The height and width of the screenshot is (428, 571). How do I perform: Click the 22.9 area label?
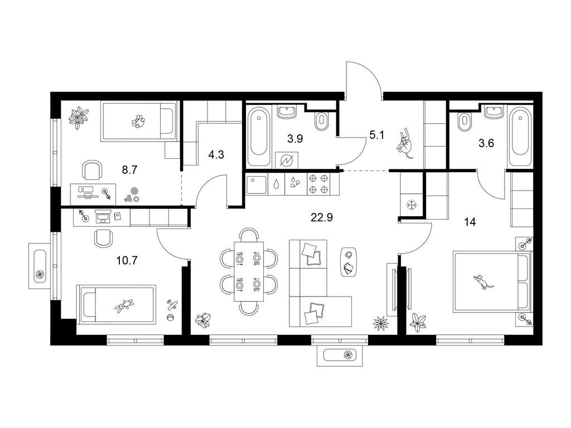(322, 218)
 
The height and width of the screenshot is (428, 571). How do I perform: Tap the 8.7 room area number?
(129, 169)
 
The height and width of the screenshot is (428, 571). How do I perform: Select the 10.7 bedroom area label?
(127, 261)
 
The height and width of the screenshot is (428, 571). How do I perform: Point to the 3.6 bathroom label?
(486, 143)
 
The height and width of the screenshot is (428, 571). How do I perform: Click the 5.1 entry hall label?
(376, 135)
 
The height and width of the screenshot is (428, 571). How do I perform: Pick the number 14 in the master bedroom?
(470, 222)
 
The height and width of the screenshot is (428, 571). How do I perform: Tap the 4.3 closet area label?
(216, 155)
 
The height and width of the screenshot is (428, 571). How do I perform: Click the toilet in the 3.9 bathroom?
(321, 121)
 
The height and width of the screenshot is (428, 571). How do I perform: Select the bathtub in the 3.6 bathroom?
(521, 136)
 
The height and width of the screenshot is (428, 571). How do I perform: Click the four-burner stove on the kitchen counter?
(318, 184)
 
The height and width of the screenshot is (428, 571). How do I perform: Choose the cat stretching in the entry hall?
(405, 143)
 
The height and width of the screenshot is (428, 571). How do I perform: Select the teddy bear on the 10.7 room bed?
(124, 305)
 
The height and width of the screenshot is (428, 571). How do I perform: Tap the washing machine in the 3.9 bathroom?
(287, 160)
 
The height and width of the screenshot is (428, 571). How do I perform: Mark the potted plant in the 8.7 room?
(79, 117)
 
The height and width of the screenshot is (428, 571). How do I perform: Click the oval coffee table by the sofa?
(349, 261)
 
